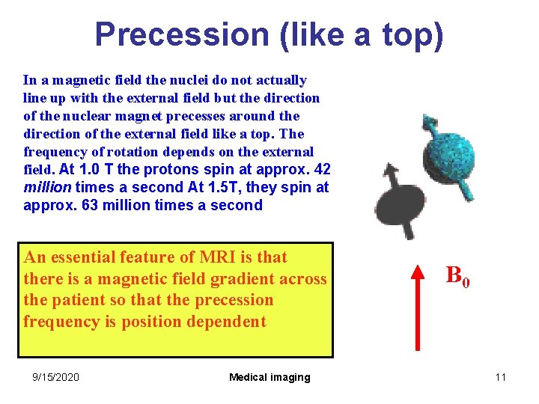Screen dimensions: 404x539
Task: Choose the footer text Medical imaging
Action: click(269, 377)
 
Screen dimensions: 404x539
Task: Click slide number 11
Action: click(500, 377)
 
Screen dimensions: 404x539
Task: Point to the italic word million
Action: click(47, 187)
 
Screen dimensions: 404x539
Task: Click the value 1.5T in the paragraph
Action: click(203, 187)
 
